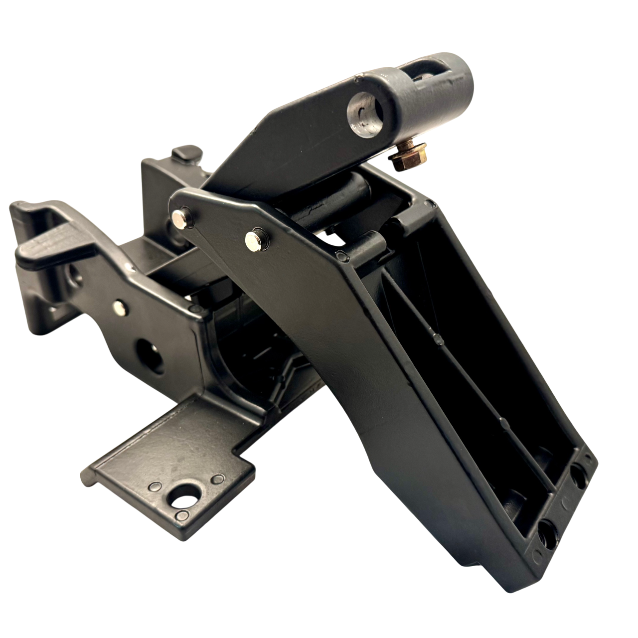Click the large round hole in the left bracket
pyautogui.click(x=151, y=356)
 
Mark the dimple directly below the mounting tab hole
pyautogui.click(x=183, y=514)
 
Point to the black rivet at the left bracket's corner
pyautogui.click(x=195, y=310)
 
